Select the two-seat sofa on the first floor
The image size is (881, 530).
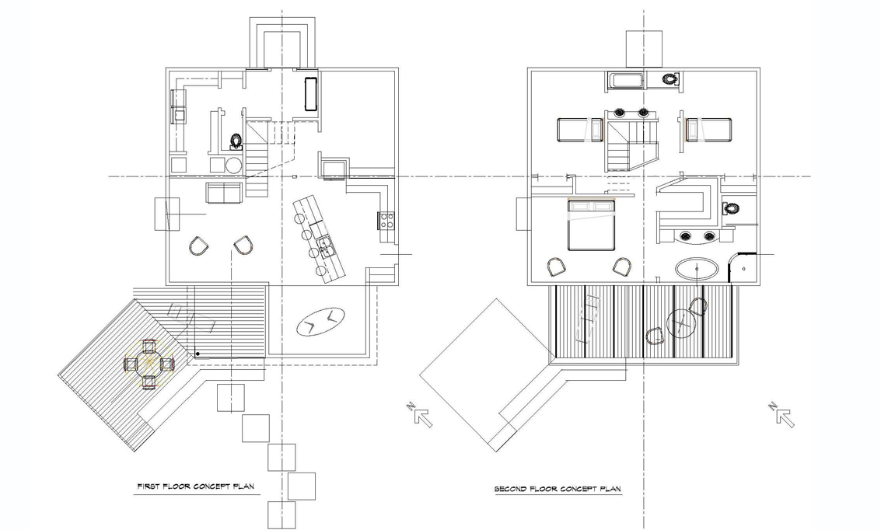click(x=225, y=194)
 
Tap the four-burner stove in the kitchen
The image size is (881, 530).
click(x=386, y=221)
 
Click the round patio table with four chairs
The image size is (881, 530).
click(x=149, y=364)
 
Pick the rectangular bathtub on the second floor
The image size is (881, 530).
click(x=625, y=80)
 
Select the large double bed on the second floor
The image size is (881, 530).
click(x=591, y=225)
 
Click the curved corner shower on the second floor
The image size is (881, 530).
click(x=740, y=267)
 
